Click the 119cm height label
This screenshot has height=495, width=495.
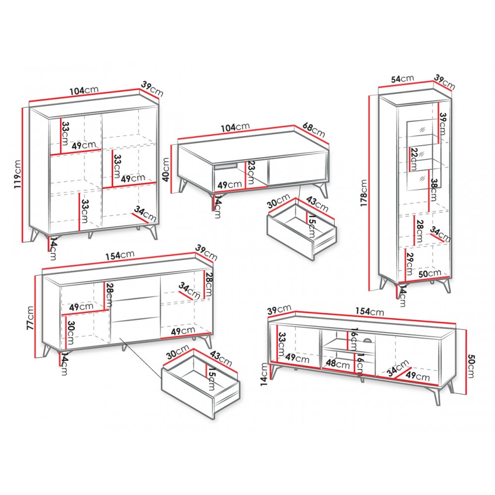click(x=18, y=174)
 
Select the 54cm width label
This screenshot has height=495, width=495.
click(x=402, y=79)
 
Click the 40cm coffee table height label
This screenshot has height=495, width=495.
click(x=166, y=169)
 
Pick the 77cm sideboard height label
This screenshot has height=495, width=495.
click(x=30, y=318)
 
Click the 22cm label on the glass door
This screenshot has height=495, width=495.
click(x=415, y=159)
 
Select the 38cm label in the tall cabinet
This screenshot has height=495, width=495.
click(x=433, y=190)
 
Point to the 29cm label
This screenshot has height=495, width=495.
click(x=410, y=264)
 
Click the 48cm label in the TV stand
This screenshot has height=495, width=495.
click(x=338, y=363)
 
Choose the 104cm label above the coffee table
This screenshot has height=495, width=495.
click(x=235, y=127)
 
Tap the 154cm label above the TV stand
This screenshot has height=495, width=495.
click(x=370, y=311)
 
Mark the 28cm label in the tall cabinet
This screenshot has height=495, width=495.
click(x=420, y=231)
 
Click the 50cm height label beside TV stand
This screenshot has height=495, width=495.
click(x=471, y=366)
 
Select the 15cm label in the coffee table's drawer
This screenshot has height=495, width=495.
click(x=311, y=226)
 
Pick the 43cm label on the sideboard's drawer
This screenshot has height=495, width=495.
click(x=221, y=358)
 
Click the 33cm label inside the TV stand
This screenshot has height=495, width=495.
click(x=282, y=345)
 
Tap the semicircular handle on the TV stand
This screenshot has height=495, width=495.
click(x=368, y=340)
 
